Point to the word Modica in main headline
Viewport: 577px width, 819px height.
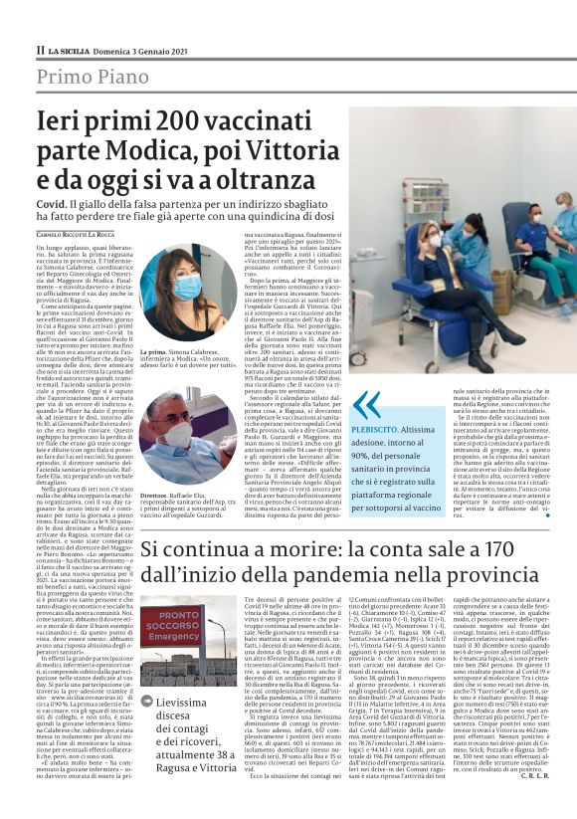[x=149, y=151]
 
